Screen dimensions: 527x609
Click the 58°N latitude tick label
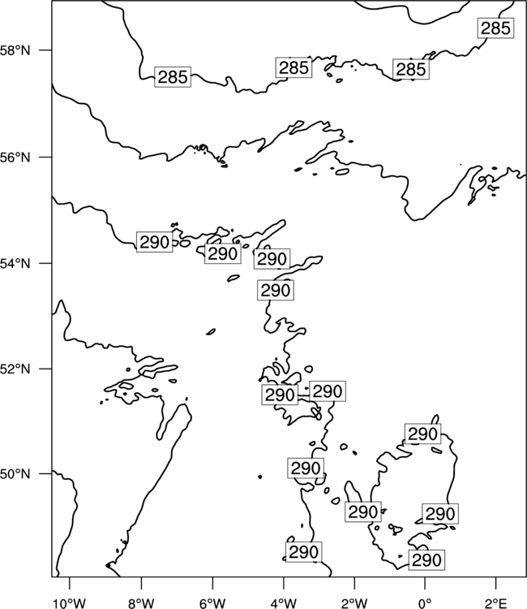pyautogui.click(x=15, y=50)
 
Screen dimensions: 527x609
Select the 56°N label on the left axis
pyautogui.click(x=15, y=158)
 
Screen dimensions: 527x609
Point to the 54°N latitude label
pyautogui.click(x=15, y=264)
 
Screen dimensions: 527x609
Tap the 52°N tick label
pyautogui.click(x=15, y=369)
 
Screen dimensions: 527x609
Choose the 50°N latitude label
pyautogui.click(x=15, y=474)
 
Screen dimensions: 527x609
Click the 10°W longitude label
pyautogui.click(x=70, y=603)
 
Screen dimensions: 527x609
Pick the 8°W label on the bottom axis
pyautogui.click(x=141, y=603)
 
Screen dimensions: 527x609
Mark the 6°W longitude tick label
pyautogui.click(x=212, y=603)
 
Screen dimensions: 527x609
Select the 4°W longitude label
pyautogui.click(x=284, y=603)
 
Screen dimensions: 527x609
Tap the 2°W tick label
pyautogui.click(x=354, y=603)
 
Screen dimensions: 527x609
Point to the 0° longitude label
pyautogui.click(x=425, y=603)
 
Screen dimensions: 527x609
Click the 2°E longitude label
pyautogui.click(x=495, y=603)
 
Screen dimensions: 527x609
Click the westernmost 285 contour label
pyautogui.click(x=173, y=77)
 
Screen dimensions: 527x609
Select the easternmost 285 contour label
pyautogui.click(x=495, y=28)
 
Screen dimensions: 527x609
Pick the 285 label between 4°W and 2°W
pyautogui.click(x=294, y=67)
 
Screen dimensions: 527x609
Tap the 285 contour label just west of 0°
pyautogui.click(x=411, y=70)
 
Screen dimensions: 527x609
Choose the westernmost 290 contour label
pyautogui.click(x=154, y=242)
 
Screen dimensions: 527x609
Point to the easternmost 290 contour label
pyautogui.click(x=440, y=514)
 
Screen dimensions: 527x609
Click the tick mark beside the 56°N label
pyautogui.click(x=45, y=158)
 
